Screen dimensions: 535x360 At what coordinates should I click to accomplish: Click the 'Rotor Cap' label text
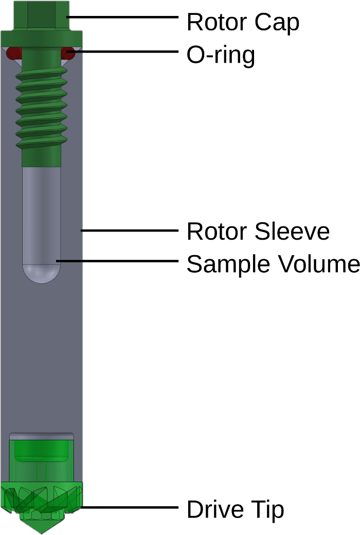click(x=242, y=22)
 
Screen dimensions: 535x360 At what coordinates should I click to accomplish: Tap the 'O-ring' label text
click(x=220, y=55)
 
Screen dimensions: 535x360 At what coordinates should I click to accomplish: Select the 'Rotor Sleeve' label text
click(x=258, y=231)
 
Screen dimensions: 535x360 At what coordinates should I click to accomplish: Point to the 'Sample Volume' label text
click(x=272, y=264)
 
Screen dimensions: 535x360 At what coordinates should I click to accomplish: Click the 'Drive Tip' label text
click(x=235, y=510)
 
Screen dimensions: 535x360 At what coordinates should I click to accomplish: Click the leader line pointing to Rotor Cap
click(x=123, y=17)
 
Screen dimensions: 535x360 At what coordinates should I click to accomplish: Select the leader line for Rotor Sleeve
click(x=129, y=230)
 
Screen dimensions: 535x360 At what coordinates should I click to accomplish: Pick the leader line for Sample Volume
click(x=118, y=261)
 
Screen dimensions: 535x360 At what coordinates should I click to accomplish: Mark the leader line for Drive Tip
click(x=129, y=507)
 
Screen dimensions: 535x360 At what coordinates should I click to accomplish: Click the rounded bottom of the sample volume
click(x=42, y=274)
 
